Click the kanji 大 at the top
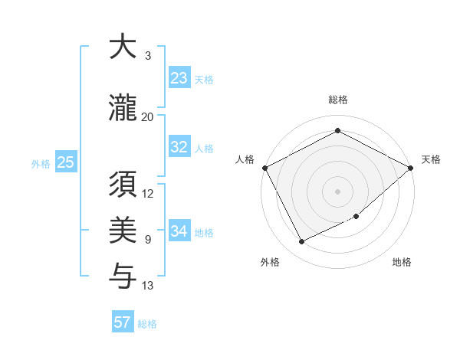(x=122, y=47)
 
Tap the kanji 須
(x=122, y=185)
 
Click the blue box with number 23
(x=179, y=78)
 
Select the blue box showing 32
(x=179, y=147)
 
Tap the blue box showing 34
(x=179, y=231)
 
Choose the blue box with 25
(x=65, y=162)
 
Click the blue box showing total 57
(x=123, y=322)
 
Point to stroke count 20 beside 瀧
(x=148, y=116)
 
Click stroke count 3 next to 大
(x=148, y=56)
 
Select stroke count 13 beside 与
(x=148, y=286)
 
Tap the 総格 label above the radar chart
(x=338, y=100)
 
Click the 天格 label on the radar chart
(x=431, y=159)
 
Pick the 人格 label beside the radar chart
(x=245, y=159)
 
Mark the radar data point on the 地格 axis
(x=357, y=217)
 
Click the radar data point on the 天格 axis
(x=412, y=168)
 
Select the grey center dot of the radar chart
(x=338, y=191)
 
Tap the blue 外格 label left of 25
(x=41, y=163)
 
